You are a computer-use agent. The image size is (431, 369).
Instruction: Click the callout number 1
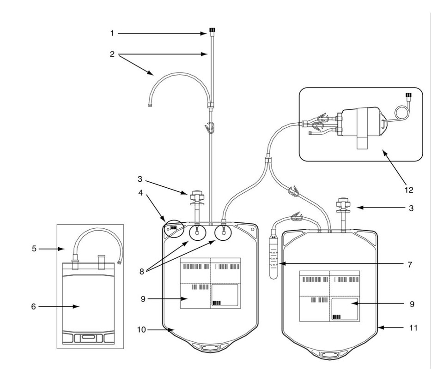(x=112, y=33)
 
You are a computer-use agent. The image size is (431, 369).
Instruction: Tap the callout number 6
(x=33, y=306)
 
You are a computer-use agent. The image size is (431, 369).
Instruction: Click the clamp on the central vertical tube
(x=210, y=126)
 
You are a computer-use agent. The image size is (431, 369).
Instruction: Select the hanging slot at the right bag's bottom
(x=329, y=354)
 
